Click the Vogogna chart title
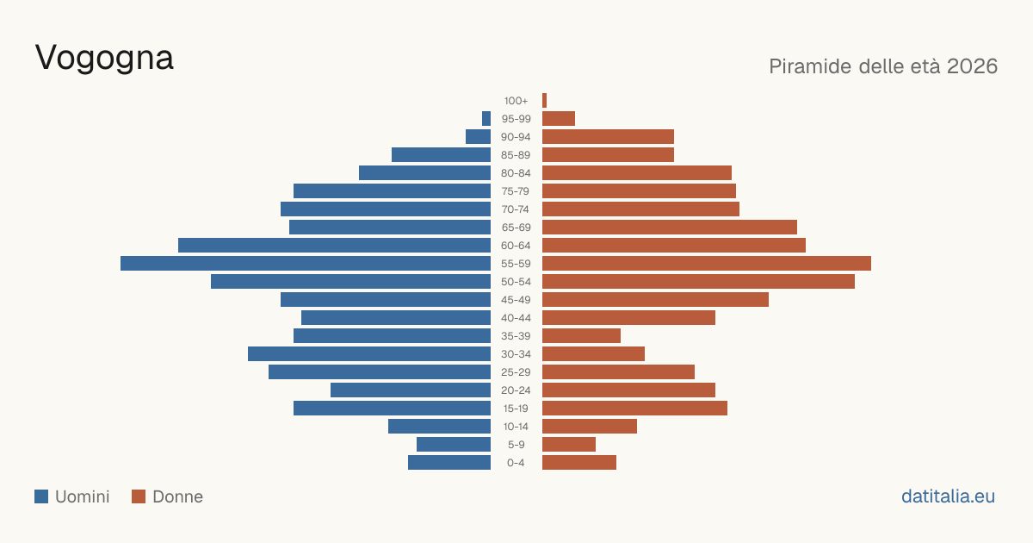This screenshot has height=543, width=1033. (x=104, y=59)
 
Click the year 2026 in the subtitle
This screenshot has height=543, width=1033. (x=972, y=66)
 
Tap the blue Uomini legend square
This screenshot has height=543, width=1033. (x=41, y=496)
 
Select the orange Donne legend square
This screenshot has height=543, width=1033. (x=139, y=496)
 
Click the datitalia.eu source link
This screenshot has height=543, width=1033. (x=948, y=496)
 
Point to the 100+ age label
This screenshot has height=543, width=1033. (x=516, y=101)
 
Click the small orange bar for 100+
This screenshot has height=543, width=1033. (x=545, y=101)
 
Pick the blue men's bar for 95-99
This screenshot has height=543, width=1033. (x=486, y=119)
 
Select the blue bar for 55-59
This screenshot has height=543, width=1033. (x=306, y=264)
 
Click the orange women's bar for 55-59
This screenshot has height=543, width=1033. (x=707, y=264)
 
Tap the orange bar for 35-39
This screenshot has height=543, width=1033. (x=582, y=336)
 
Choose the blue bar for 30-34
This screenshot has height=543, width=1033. (x=369, y=354)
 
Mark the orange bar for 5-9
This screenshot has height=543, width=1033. (x=569, y=445)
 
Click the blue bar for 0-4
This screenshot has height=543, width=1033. (x=449, y=463)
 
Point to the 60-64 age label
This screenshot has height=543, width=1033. (x=516, y=246)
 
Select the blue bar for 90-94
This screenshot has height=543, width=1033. (x=479, y=137)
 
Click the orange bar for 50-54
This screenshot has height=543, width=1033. (x=699, y=282)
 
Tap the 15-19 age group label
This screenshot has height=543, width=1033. (x=516, y=409)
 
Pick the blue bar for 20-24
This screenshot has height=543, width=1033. (x=411, y=390)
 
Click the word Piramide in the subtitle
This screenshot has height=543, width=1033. (x=810, y=66)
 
